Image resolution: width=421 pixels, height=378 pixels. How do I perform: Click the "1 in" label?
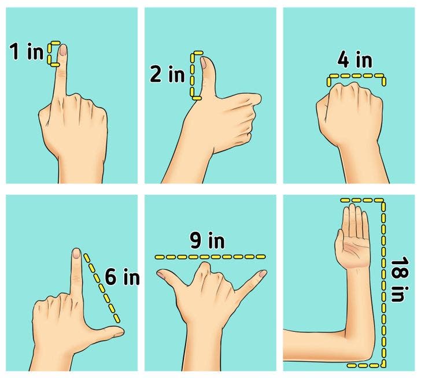click(27, 51)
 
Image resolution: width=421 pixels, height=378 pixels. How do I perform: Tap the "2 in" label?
click(168, 74)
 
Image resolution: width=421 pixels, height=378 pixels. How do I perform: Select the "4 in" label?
click(354, 60)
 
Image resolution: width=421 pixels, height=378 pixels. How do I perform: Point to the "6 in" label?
click(122, 277)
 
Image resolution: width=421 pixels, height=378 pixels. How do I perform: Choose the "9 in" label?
click(207, 240)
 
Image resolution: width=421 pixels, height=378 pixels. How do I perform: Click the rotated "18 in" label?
click(400, 279)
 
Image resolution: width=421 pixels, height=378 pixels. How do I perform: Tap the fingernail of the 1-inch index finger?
click(64, 50)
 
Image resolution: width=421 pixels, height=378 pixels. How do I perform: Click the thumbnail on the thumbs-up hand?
click(204, 62)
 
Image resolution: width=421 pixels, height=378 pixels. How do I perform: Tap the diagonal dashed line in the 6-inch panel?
click(102, 288)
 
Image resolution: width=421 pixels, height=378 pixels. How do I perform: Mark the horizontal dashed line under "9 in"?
click(211, 257)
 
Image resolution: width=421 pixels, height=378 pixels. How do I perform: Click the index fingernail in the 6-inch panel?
click(77, 254)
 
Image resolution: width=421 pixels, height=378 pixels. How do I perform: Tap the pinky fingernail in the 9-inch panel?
click(263, 273)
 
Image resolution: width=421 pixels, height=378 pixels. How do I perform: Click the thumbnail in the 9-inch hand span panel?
click(161, 275)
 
